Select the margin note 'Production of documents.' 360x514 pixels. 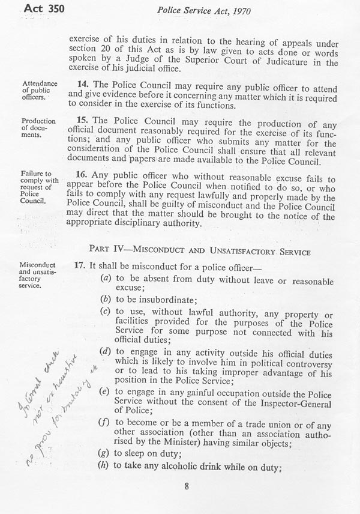[38, 128]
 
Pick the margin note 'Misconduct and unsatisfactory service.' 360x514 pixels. [39, 274]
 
